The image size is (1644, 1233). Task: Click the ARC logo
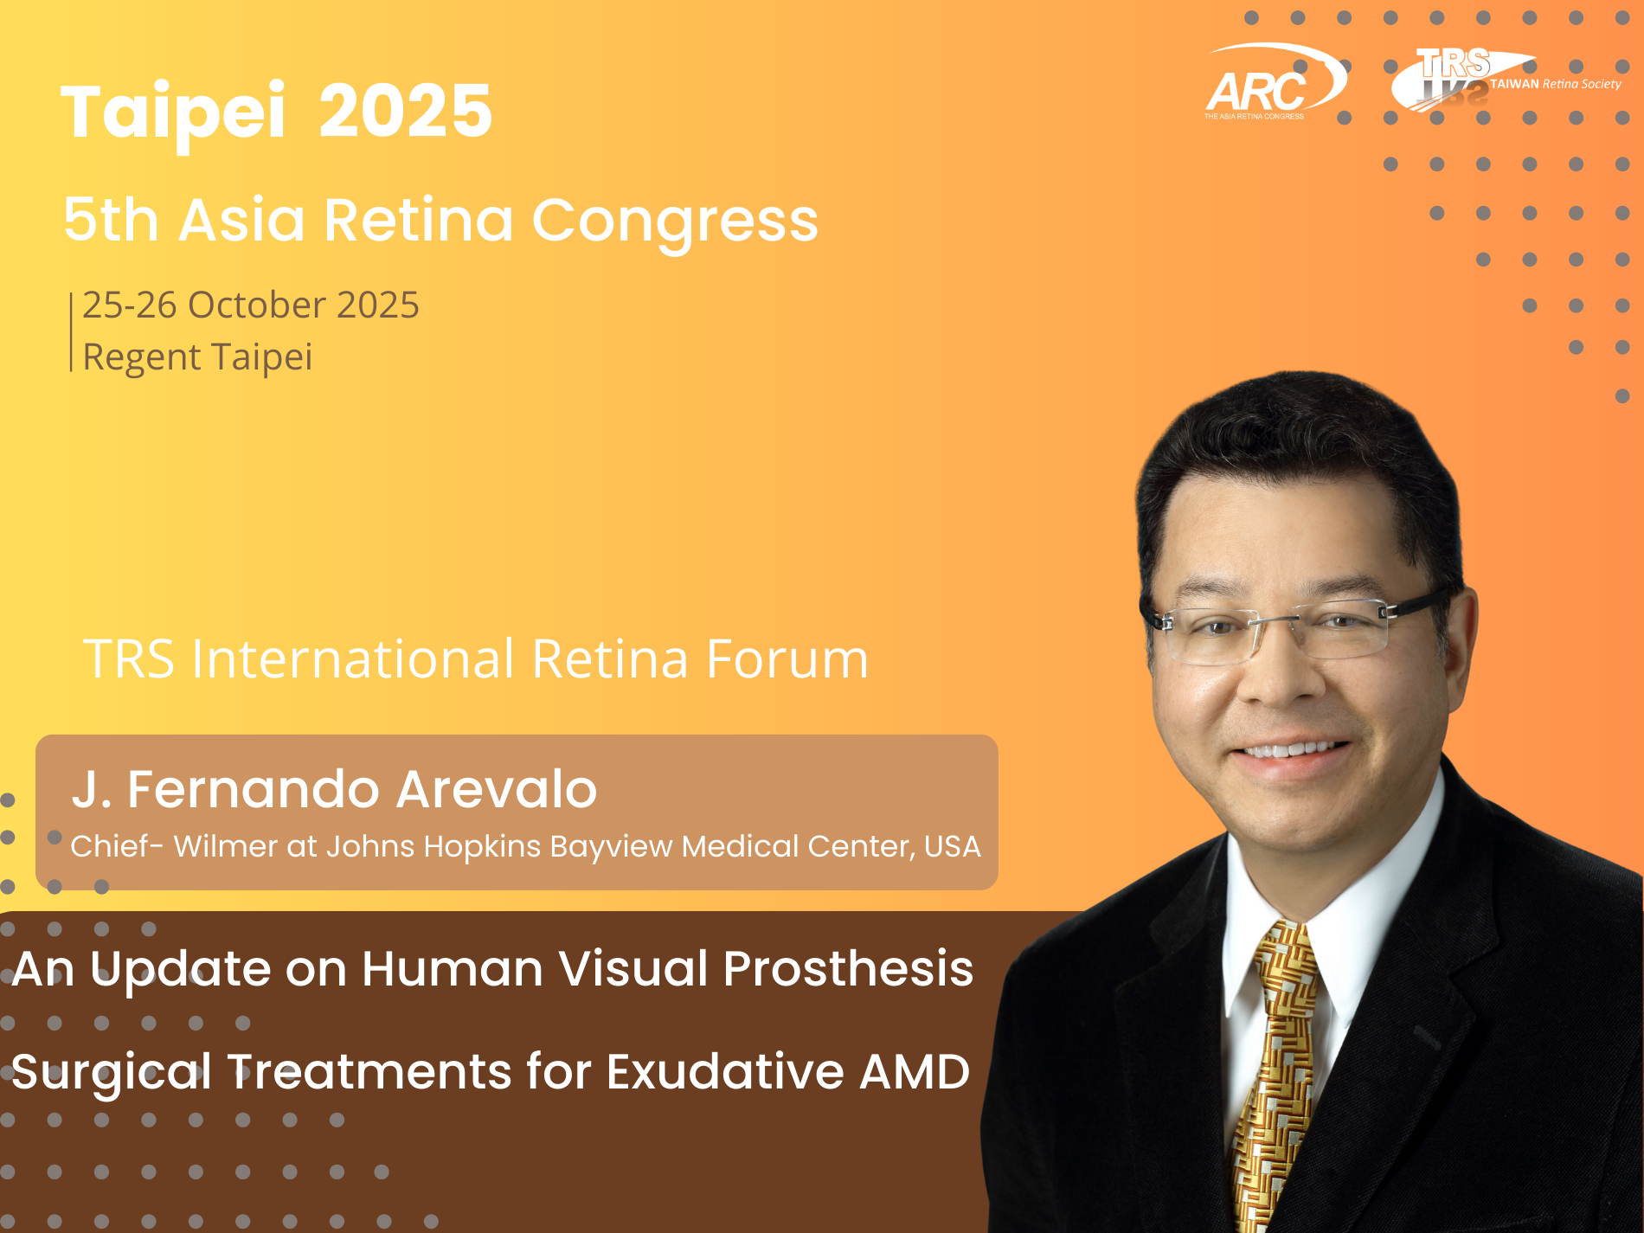(1275, 82)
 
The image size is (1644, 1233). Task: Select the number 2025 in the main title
(406, 111)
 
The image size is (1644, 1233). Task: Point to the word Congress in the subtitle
(675, 222)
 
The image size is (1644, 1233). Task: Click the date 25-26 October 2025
(251, 305)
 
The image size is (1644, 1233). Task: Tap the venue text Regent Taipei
(197, 356)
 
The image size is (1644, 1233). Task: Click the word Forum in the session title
(787, 659)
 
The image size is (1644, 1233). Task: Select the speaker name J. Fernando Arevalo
(334, 789)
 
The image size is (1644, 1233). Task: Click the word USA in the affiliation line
(953, 846)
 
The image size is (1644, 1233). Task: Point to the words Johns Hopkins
(433, 847)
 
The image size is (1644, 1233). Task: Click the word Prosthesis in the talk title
(848, 968)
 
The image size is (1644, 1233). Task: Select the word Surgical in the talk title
(112, 1073)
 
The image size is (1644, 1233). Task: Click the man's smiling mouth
(1292, 751)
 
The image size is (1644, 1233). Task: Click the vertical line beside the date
(71, 332)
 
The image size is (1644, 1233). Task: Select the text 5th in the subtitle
(112, 220)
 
